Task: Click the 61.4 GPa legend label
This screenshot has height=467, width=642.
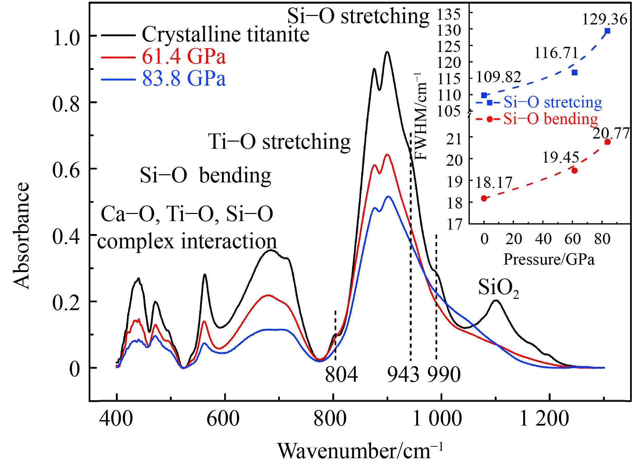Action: pos(183,56)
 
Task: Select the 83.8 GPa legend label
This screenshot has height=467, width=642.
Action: pos(183,78)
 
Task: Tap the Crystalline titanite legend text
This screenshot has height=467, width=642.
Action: pos(225,34)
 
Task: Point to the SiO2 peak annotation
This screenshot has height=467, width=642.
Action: pos(498,288)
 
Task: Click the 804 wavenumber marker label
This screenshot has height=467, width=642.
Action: pos(341,375)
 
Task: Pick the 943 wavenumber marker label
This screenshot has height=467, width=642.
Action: pos(403,375)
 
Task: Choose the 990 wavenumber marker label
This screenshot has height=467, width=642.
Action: pos(444,375)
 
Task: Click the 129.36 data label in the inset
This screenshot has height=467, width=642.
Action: pos(605,19)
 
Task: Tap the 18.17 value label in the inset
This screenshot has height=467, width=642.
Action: pos(494,183)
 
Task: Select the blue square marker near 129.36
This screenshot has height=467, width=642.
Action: pos(608,31)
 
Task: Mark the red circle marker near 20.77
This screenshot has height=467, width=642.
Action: pos(608,142)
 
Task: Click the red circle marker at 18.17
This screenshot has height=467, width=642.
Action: pos(484,198)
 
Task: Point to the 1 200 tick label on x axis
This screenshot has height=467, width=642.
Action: pos(544,419)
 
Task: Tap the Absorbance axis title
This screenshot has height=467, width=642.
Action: pos(21,236)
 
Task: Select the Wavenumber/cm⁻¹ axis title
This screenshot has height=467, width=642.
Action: pos(360,451)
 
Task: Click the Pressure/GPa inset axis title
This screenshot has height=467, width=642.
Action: pos(549,259)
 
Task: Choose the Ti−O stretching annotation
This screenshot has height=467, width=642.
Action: pos(279,142)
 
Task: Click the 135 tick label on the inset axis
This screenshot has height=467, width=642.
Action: pos(449,14)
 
